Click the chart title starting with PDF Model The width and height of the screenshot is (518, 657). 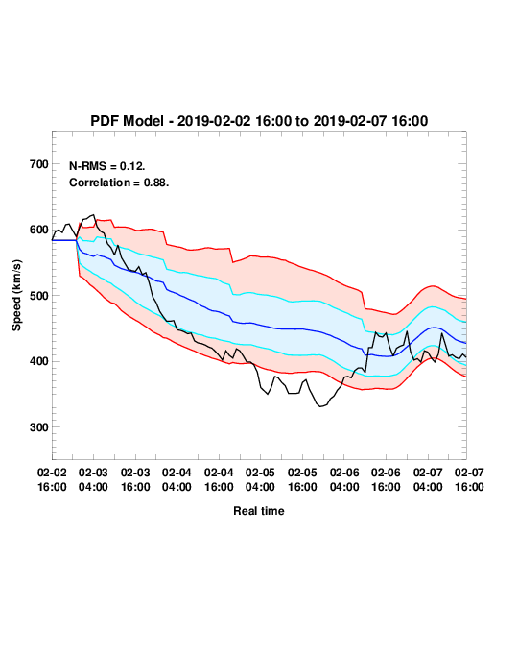point(259,121)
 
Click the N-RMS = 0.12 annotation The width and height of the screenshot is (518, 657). point(107,166)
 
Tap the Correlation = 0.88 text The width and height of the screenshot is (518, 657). point(119,182)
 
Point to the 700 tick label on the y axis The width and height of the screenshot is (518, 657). point(39,164)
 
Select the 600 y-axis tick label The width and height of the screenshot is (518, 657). point(39,230)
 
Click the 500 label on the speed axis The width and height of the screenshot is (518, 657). point(39,296)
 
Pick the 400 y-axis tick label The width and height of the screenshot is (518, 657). point(39,361)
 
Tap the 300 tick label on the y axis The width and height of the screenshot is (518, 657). point(39,427)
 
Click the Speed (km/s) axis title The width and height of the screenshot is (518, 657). point(16,296)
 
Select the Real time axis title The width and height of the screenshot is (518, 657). point(259,511)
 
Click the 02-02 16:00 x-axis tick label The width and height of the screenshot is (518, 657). point(52,479)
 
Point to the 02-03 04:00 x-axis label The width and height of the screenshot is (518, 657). point(93,479)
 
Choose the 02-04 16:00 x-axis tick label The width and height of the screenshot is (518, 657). point(219,479)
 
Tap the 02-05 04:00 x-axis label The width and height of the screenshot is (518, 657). point(260,479)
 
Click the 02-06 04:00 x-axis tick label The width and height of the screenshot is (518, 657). point(344,479)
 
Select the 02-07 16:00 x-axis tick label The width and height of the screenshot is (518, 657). point(469,479)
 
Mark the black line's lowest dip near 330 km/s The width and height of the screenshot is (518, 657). point(320,406)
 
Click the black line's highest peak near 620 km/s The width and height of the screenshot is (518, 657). point(93,215)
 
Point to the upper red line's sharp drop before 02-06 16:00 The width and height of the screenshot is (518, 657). point(364,300)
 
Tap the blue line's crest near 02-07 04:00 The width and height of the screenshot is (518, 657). point(434,328)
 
